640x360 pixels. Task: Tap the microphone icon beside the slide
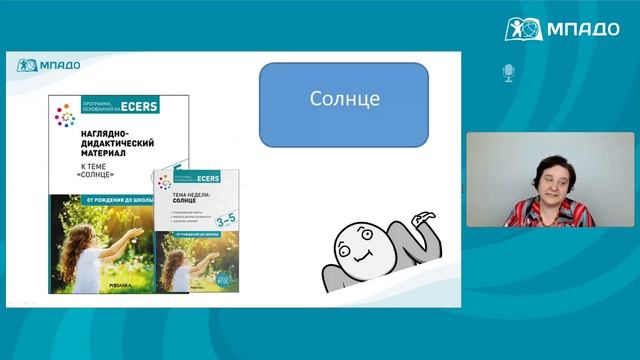507,73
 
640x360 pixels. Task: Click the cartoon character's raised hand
426,216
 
